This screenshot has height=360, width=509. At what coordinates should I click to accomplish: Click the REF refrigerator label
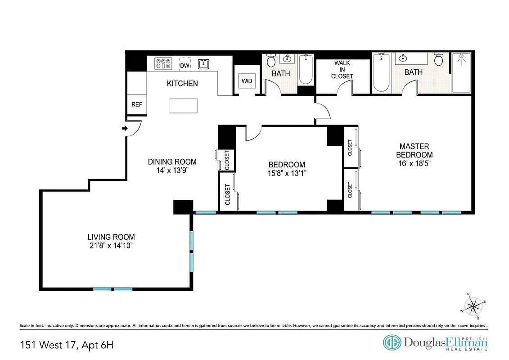pos(136,104)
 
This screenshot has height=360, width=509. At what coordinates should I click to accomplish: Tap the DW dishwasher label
pos(185,66)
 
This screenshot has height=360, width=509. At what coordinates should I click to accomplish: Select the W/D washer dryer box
pos(247,81)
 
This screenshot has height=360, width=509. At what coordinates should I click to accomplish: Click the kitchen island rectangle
pos(184,106)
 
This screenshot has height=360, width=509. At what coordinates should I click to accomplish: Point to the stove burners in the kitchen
pos(163,64)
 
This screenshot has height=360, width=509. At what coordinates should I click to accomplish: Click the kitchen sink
pos(204,63)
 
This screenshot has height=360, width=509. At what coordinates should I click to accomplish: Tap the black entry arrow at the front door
pos(125,129)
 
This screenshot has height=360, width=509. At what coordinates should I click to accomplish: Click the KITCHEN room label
pos(182,84)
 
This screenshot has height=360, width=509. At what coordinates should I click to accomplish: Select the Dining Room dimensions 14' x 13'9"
pos(172,171)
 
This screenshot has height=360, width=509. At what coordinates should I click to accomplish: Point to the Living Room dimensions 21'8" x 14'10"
pos(111,246)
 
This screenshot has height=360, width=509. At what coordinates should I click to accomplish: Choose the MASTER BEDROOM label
pos(414,151)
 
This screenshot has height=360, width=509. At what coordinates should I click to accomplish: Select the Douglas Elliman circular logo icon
pos(392,342)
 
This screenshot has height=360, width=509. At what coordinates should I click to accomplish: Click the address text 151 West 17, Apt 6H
pos(67,346)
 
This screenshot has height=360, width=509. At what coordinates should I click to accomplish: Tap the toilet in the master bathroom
pos(439,60)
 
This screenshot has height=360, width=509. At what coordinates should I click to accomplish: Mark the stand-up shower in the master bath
pos(461,72)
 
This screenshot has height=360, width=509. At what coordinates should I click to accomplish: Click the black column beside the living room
pos(183,207)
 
